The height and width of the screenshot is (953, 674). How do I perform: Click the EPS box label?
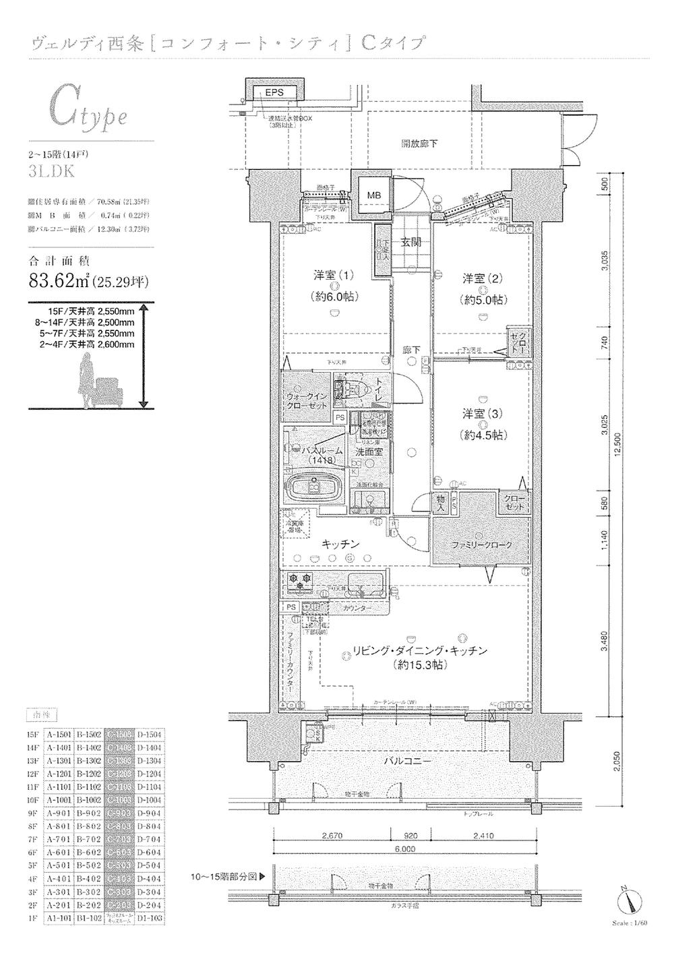point(274,92)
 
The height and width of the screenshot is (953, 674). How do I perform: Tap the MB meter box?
point(373,195)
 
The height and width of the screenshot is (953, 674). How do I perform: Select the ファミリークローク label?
point(481,545)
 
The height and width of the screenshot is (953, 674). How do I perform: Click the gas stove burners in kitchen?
point(299,579)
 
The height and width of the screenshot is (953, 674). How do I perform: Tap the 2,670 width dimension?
point(332,836)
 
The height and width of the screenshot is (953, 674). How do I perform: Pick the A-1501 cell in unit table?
point(59,735)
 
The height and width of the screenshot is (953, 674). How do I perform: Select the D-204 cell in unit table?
point(150,905)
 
